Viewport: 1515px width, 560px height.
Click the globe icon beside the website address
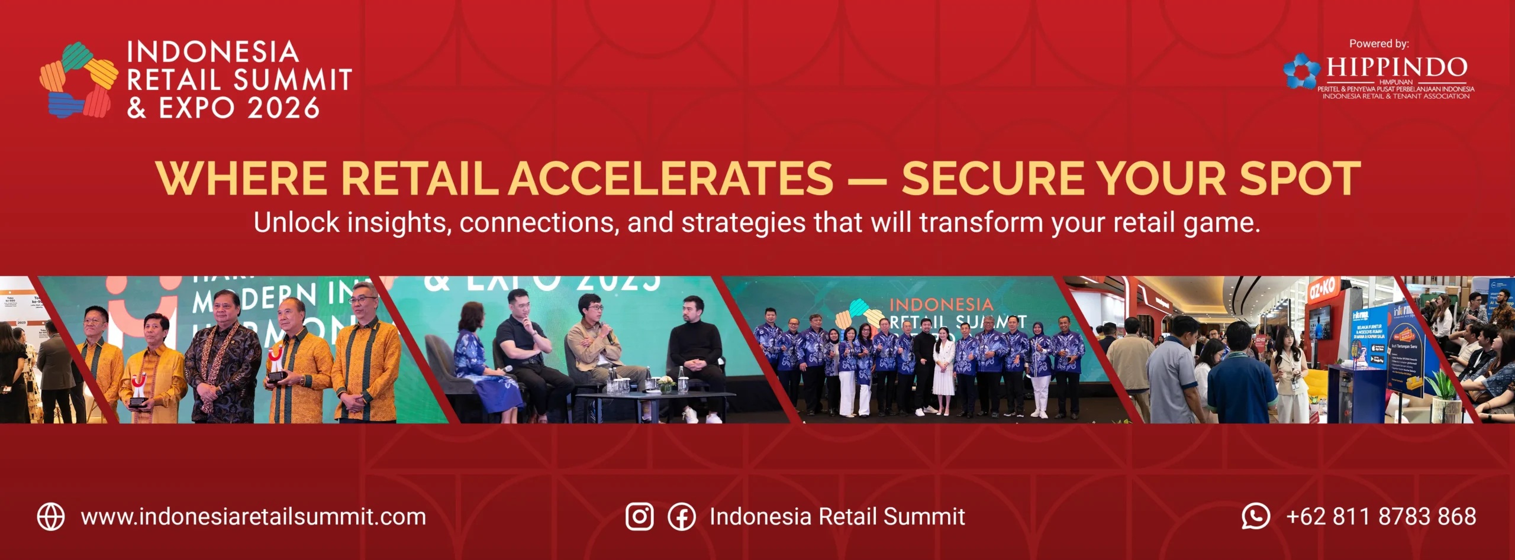tap(51, 517)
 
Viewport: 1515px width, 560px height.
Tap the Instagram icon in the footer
tap(640, 517)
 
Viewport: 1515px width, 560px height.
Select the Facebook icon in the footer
tap(682, 517)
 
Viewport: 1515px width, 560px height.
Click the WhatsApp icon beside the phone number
tap(1255, 516)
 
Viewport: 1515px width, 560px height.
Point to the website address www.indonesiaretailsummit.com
tap(253, 517)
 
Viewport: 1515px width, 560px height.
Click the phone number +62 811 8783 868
tap(1381, 517)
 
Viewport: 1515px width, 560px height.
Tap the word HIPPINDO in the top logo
tap(1397, 67)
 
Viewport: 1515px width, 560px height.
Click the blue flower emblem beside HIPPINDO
tap(1301, 71)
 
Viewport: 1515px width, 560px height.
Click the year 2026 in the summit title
tap(283, 108)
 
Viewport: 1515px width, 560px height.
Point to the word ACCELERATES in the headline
tap(671, 178)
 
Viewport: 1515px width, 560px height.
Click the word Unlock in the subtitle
tap(296, 223)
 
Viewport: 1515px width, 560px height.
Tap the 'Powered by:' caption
tap(1379, 44)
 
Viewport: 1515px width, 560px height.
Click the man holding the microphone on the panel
tap(595, 343)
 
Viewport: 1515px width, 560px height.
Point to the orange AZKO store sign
tap(1321, 289)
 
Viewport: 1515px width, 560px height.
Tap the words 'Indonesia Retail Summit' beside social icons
tap(837, 517)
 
